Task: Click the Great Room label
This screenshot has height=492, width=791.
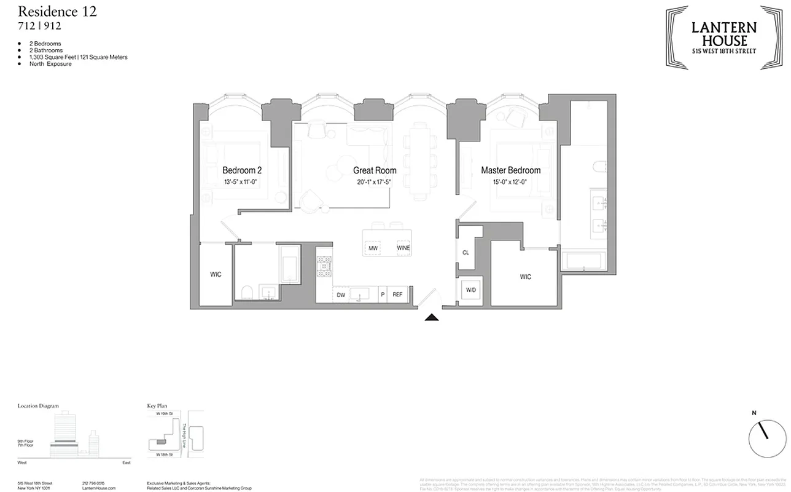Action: [x=374, y=170]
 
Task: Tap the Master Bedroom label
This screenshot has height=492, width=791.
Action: [x=510, y=170]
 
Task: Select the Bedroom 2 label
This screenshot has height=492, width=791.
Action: [x=242, y=170]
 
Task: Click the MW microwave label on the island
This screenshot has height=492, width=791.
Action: [x=373, y=248]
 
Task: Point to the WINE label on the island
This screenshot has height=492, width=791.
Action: [x=403, y=248]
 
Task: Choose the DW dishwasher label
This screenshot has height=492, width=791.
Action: [x=341, y=295]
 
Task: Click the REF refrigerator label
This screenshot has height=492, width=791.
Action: [x=397, y=295]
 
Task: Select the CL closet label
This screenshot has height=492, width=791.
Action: [x=466, y=253]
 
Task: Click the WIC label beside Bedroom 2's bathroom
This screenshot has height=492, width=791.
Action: [x=216, y=274]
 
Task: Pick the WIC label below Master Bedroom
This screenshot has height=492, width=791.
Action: [x=525, y=277]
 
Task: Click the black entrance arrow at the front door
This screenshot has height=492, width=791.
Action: [x=432, y=317]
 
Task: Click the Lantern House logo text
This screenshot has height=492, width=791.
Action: [x=724, y=34]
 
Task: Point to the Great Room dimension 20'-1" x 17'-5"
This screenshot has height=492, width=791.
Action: [x=374, y=183]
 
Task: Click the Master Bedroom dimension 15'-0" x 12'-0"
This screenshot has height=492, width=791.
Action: [x=510, y=183]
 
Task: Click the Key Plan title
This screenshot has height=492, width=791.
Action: [x=157, y=407]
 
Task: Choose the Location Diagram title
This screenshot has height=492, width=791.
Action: [x=38, y=407]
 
